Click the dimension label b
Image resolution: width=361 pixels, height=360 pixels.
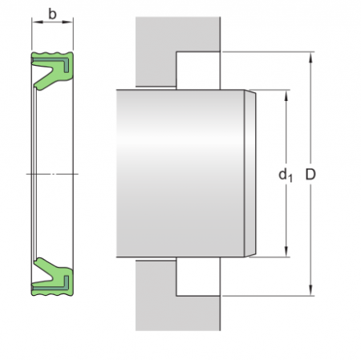[54, 14]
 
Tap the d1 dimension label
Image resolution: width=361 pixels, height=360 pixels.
[286, 174]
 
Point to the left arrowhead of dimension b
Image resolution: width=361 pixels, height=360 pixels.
[34, 23]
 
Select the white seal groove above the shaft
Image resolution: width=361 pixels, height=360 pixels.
[197, 68]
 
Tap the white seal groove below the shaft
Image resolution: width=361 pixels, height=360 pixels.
[197, 278]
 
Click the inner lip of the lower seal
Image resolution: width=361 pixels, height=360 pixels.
[40, 265]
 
